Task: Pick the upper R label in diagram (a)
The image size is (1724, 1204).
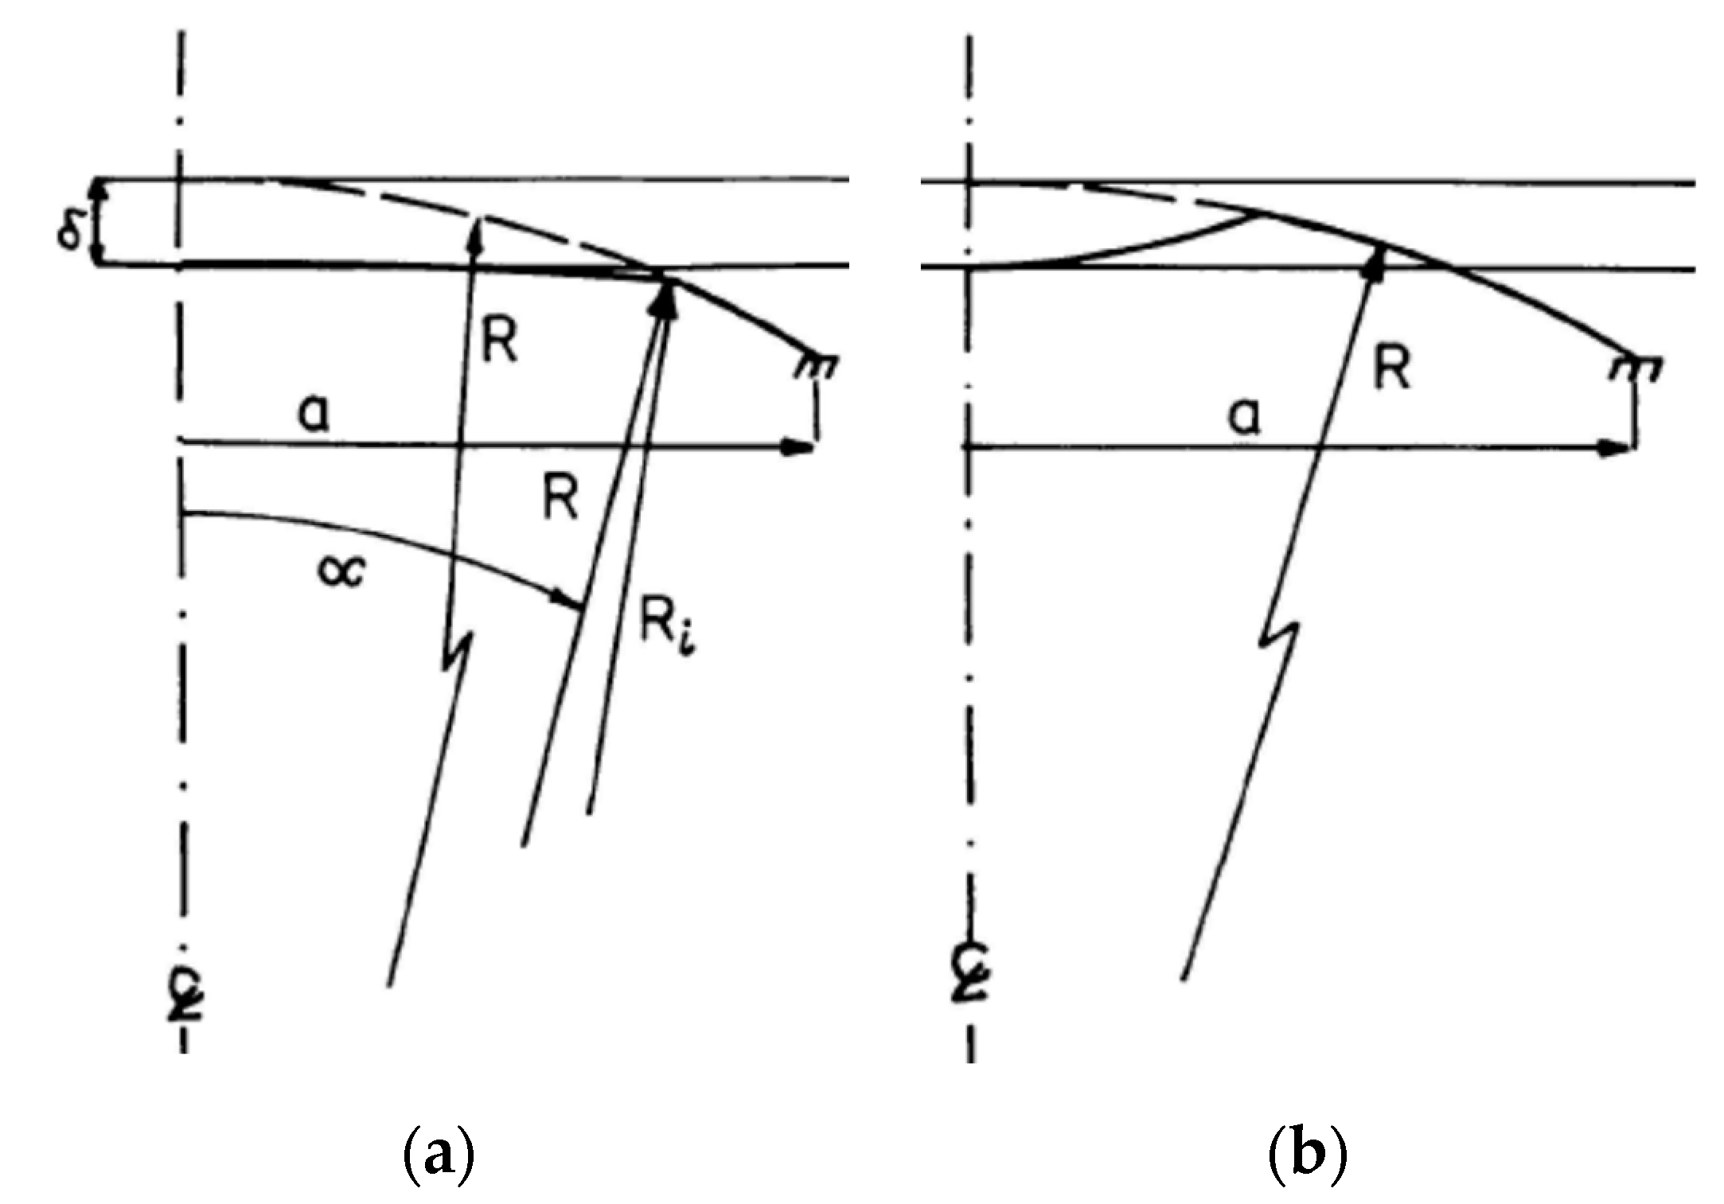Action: tap(500, 343)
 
